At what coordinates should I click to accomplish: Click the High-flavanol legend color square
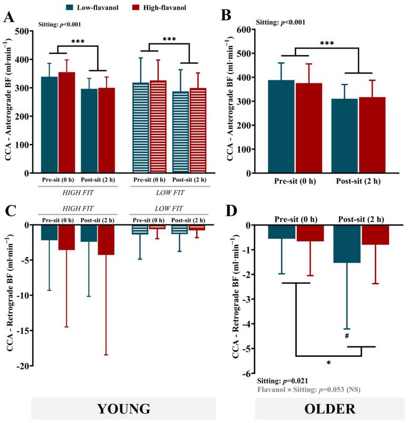pos(139,7)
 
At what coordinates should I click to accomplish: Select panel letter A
pos(8,17)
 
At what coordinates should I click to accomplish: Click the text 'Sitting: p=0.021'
pos(285,381)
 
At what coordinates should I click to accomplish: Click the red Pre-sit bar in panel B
pos(309,128)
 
